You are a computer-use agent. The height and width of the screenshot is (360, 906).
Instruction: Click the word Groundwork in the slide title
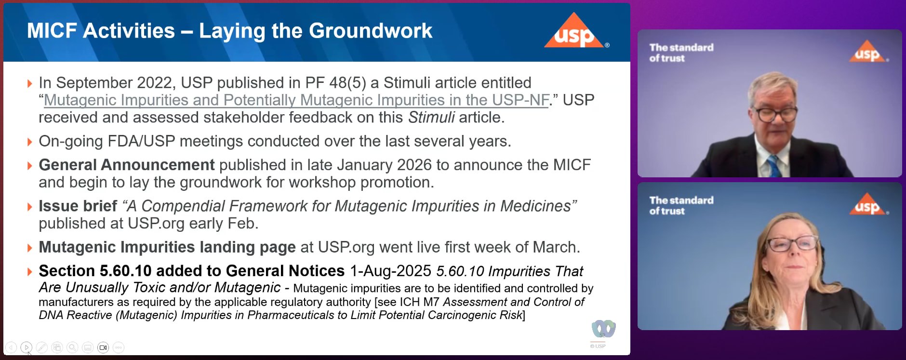371,31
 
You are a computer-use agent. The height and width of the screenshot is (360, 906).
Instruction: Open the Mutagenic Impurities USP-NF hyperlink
296,100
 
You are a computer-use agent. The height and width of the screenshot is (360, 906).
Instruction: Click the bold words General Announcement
127,165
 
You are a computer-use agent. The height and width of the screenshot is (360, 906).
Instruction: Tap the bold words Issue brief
78,206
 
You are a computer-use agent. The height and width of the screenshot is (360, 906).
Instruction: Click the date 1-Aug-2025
390,271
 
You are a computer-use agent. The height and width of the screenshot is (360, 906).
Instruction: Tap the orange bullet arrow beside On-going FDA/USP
30,142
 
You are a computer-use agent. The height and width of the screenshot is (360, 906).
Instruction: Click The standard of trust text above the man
681,53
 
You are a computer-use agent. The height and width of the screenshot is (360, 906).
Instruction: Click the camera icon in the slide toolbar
103,347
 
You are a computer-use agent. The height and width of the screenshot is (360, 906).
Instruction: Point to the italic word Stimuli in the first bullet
431,118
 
